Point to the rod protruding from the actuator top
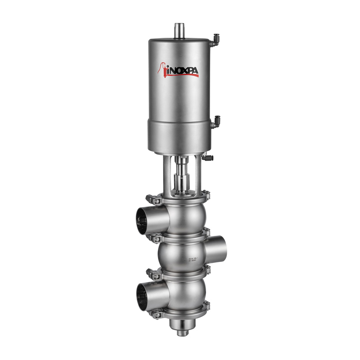(180, 30)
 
